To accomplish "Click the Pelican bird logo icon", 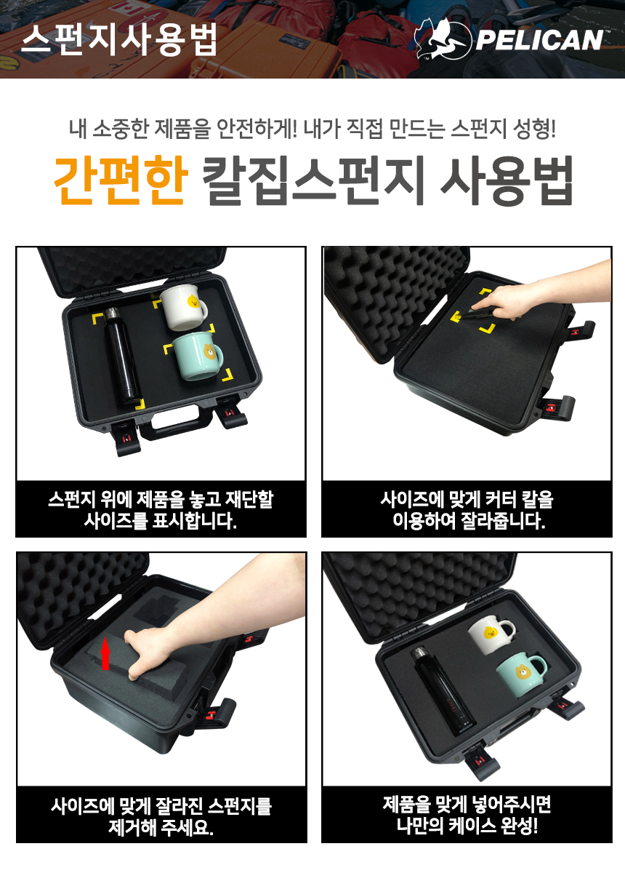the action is pyautogui.click(x=443, y=39).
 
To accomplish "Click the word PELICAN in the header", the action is pyautogui.click(x=539, y=40).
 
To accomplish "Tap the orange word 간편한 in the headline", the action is pyautogui.click(x=121, y=180).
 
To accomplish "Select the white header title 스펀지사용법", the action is pyautogui.click(x=119, y=40).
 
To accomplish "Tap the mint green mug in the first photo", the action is pyautogui.click(x=198, y=356).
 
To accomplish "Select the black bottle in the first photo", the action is pyautogui.click(x=121, y=356).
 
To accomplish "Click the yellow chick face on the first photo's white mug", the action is pyautogui.click(x=193, y=302).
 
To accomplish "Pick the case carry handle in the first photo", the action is pyautogui.click(x=177, y=425).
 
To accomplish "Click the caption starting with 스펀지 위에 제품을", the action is pyautogui.click(x=161, y=510).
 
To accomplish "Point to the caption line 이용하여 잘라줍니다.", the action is pyautogui.click(x=469, y=520).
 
